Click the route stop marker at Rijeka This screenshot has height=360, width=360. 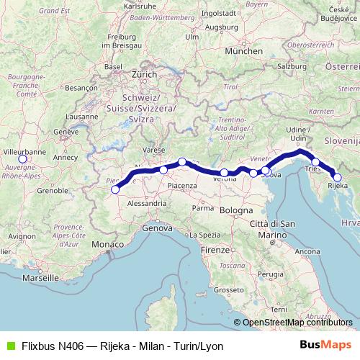coord(337,176)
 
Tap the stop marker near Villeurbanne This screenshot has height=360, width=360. coord(22,159)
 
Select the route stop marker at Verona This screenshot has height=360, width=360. coord(225,173)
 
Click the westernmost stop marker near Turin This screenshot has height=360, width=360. coord(114,190)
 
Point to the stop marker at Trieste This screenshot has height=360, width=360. coord(315,163)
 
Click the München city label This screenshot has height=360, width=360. coord(243,52)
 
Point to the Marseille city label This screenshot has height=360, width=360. coord(40,276)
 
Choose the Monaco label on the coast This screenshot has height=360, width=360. coord(107,246)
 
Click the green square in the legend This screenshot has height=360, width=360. coord(10,346)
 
